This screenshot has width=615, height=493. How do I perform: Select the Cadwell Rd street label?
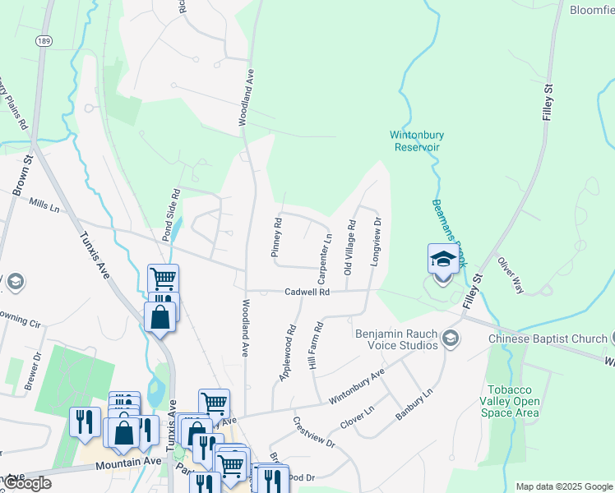(307, 292)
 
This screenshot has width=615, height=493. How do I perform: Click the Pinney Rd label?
(277, 237)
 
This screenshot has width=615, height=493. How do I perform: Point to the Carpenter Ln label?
(325, 254)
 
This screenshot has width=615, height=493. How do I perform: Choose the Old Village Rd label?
(349, 246)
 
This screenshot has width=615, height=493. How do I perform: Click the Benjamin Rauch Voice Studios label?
(397, 339)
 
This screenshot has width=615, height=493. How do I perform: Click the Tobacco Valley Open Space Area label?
(513, 400)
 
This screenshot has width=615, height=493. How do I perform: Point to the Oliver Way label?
(510, 274)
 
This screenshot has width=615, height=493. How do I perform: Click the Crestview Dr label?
(314, 432)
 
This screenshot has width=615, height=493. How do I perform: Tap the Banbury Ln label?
(414, 404)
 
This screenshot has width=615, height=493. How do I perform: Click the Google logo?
(27, 483)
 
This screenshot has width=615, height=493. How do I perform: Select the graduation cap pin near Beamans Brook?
(443, 260)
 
